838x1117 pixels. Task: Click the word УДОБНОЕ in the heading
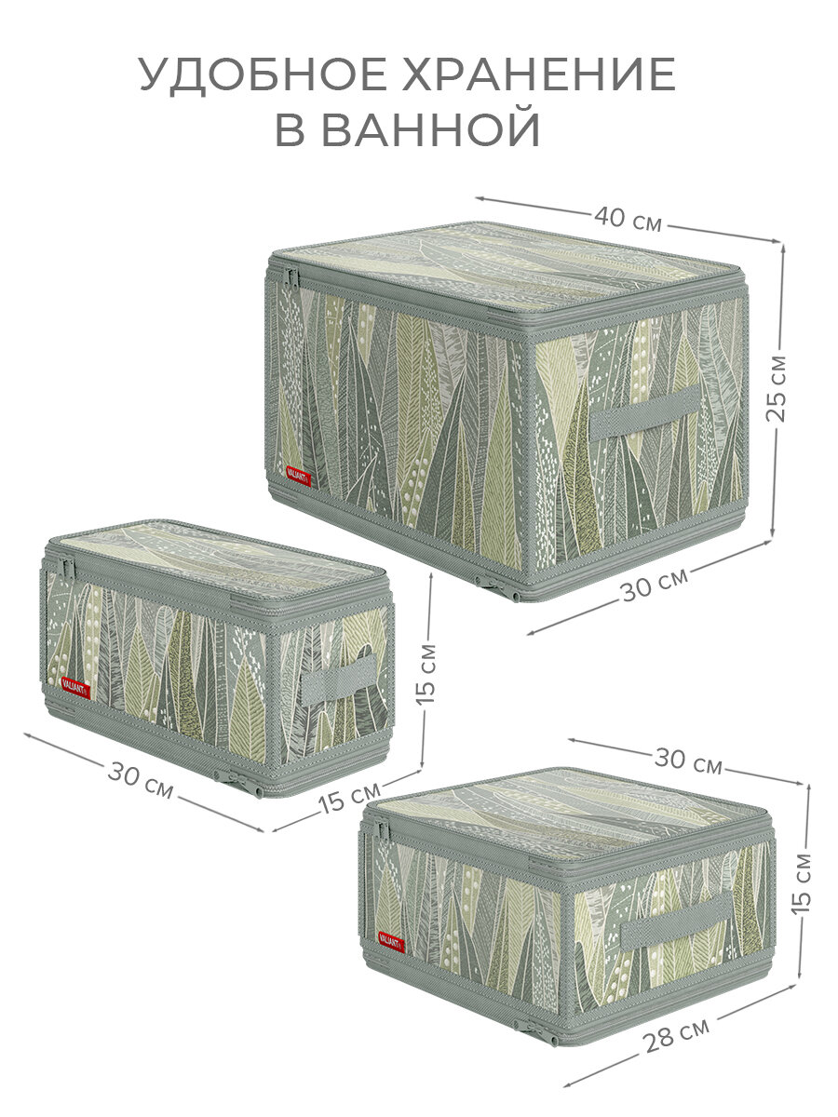click(x=263, y=74)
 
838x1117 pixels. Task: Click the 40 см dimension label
click(x=628, y=219)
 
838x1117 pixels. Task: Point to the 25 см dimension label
click(x=776, y=389)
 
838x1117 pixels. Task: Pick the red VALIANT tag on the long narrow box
click(x=75, y=688)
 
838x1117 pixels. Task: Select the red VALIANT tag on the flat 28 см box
click(x=391, y=941)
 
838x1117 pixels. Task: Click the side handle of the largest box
click(x=645, y=412)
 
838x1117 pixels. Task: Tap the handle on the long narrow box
click(x=339, y=680)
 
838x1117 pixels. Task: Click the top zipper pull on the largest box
click(x=292, y=280)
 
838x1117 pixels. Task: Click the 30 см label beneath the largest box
click(x=655, y=584)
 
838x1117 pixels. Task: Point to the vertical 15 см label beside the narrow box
click(x=426, y=674)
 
